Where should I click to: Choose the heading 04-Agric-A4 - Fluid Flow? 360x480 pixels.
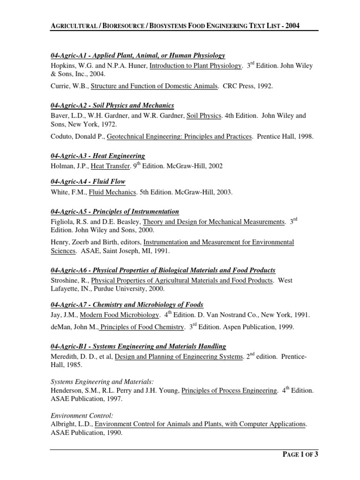point(88,181)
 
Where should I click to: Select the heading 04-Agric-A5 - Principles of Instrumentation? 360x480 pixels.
point(114,211)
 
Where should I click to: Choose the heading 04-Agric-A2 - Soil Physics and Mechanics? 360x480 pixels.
point(112,105)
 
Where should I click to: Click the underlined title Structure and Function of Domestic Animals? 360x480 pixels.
point(154,86)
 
